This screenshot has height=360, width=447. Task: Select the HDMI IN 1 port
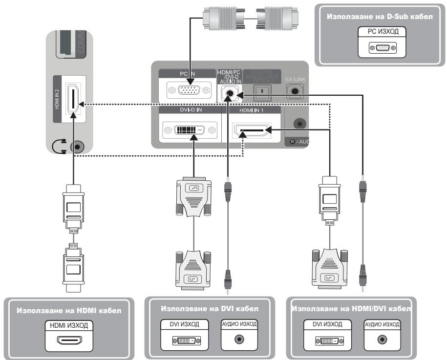point(250,130)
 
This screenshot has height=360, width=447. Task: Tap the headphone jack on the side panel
point(77,147)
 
